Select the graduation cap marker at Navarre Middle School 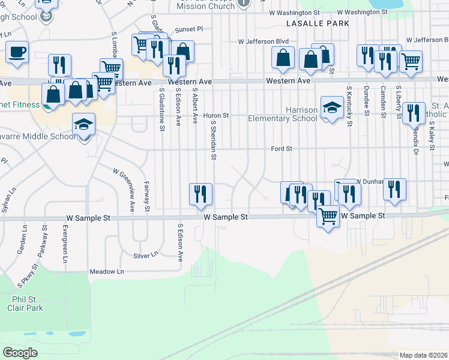[84, 124]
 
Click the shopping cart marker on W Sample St [328, 215]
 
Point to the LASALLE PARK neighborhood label [318, 23]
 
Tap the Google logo [20, 353]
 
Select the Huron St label [217, 115]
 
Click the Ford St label [281, 148]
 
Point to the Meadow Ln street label [106, 272]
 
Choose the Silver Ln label [145, 255]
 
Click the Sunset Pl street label [189, 28]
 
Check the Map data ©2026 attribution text [424, 355]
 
